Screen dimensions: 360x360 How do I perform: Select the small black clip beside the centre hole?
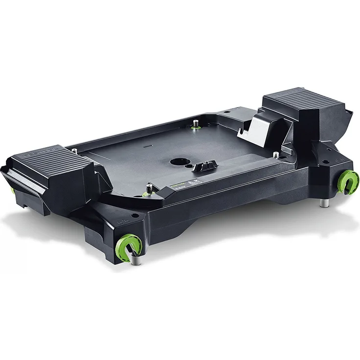coord(203,167)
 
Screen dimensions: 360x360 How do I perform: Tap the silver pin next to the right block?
coord(276,156)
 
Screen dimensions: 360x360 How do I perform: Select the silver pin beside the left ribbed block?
coord(74,151)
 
